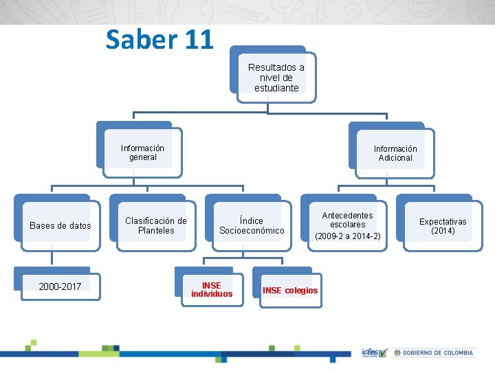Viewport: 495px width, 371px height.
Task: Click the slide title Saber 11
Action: pos(159,40)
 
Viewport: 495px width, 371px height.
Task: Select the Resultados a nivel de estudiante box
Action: pos(276,78)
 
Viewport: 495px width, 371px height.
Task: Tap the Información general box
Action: pos(142,153)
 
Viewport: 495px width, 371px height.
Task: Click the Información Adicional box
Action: pos(395,153)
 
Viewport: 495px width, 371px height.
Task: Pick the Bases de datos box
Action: pos(60,225)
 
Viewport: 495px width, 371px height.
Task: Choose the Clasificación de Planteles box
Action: pos(156,225)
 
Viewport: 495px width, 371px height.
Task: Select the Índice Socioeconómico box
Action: pos(252,225)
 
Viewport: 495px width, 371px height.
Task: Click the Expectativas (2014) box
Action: pos(443,226)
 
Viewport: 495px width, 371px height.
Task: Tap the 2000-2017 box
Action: pos(60,286)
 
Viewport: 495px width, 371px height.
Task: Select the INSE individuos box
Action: pos(212,289)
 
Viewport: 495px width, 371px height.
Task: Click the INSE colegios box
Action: pos(290,290)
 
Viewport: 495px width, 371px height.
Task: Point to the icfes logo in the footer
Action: pos(374,352)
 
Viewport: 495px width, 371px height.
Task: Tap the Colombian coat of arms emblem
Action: pos(397,352)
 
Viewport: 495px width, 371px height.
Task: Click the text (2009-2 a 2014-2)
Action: pos(347,236)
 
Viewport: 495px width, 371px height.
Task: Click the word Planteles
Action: pos(156,231)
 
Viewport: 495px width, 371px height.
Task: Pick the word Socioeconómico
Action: pos(252,231)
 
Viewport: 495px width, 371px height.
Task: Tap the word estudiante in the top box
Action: pos(276,88)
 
